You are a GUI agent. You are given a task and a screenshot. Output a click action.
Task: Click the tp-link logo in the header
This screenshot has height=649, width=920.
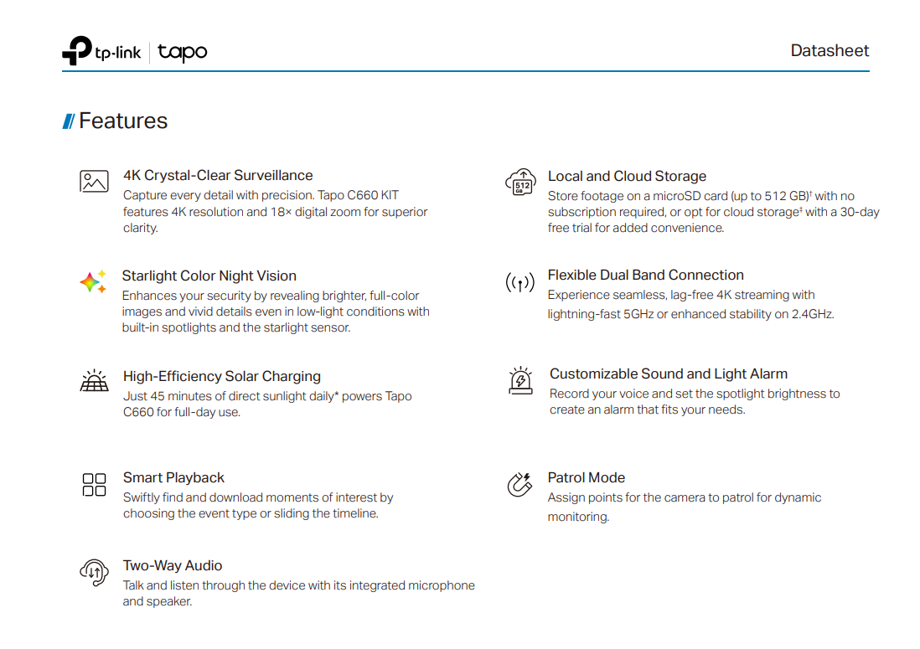click(101, 52)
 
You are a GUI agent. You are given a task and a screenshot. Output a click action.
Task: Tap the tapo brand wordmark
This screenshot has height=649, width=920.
click(182, 53)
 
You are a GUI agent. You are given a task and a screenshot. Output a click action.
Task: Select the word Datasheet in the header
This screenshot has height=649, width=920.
click(830, 50)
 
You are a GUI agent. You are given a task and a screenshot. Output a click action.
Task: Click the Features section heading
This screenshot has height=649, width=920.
click(122, 121)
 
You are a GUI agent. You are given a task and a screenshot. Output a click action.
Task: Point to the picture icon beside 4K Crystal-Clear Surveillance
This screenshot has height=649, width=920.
click(94, 181)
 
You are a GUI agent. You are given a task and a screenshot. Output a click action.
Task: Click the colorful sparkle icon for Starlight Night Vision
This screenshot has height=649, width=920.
click(93, 282)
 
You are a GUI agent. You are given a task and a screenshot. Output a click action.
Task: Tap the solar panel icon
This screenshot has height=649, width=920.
click(94, 382)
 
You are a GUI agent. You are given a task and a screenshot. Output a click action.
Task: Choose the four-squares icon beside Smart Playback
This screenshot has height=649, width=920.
click(94, 484)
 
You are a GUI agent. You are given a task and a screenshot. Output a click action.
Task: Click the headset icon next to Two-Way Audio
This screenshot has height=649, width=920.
click(93, 572)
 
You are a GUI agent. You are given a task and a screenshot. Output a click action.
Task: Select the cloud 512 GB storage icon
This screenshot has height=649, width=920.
click(520, 182)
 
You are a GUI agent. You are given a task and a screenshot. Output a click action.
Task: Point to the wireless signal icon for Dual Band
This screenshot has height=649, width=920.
click(519, 283)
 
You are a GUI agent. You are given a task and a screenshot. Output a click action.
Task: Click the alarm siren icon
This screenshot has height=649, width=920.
click(520, 380)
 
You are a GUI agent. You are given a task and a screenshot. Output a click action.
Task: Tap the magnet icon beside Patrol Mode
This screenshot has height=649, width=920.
click(519, 484)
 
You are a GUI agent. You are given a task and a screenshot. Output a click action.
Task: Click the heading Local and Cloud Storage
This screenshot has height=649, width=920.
click(627, 176)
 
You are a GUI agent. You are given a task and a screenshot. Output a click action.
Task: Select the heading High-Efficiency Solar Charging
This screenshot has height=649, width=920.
click(221, 376)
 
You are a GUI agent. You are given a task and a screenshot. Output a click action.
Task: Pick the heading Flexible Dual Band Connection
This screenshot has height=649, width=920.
click(645, 275)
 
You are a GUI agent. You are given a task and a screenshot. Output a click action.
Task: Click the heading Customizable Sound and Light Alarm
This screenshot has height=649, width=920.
click(668, 373)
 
